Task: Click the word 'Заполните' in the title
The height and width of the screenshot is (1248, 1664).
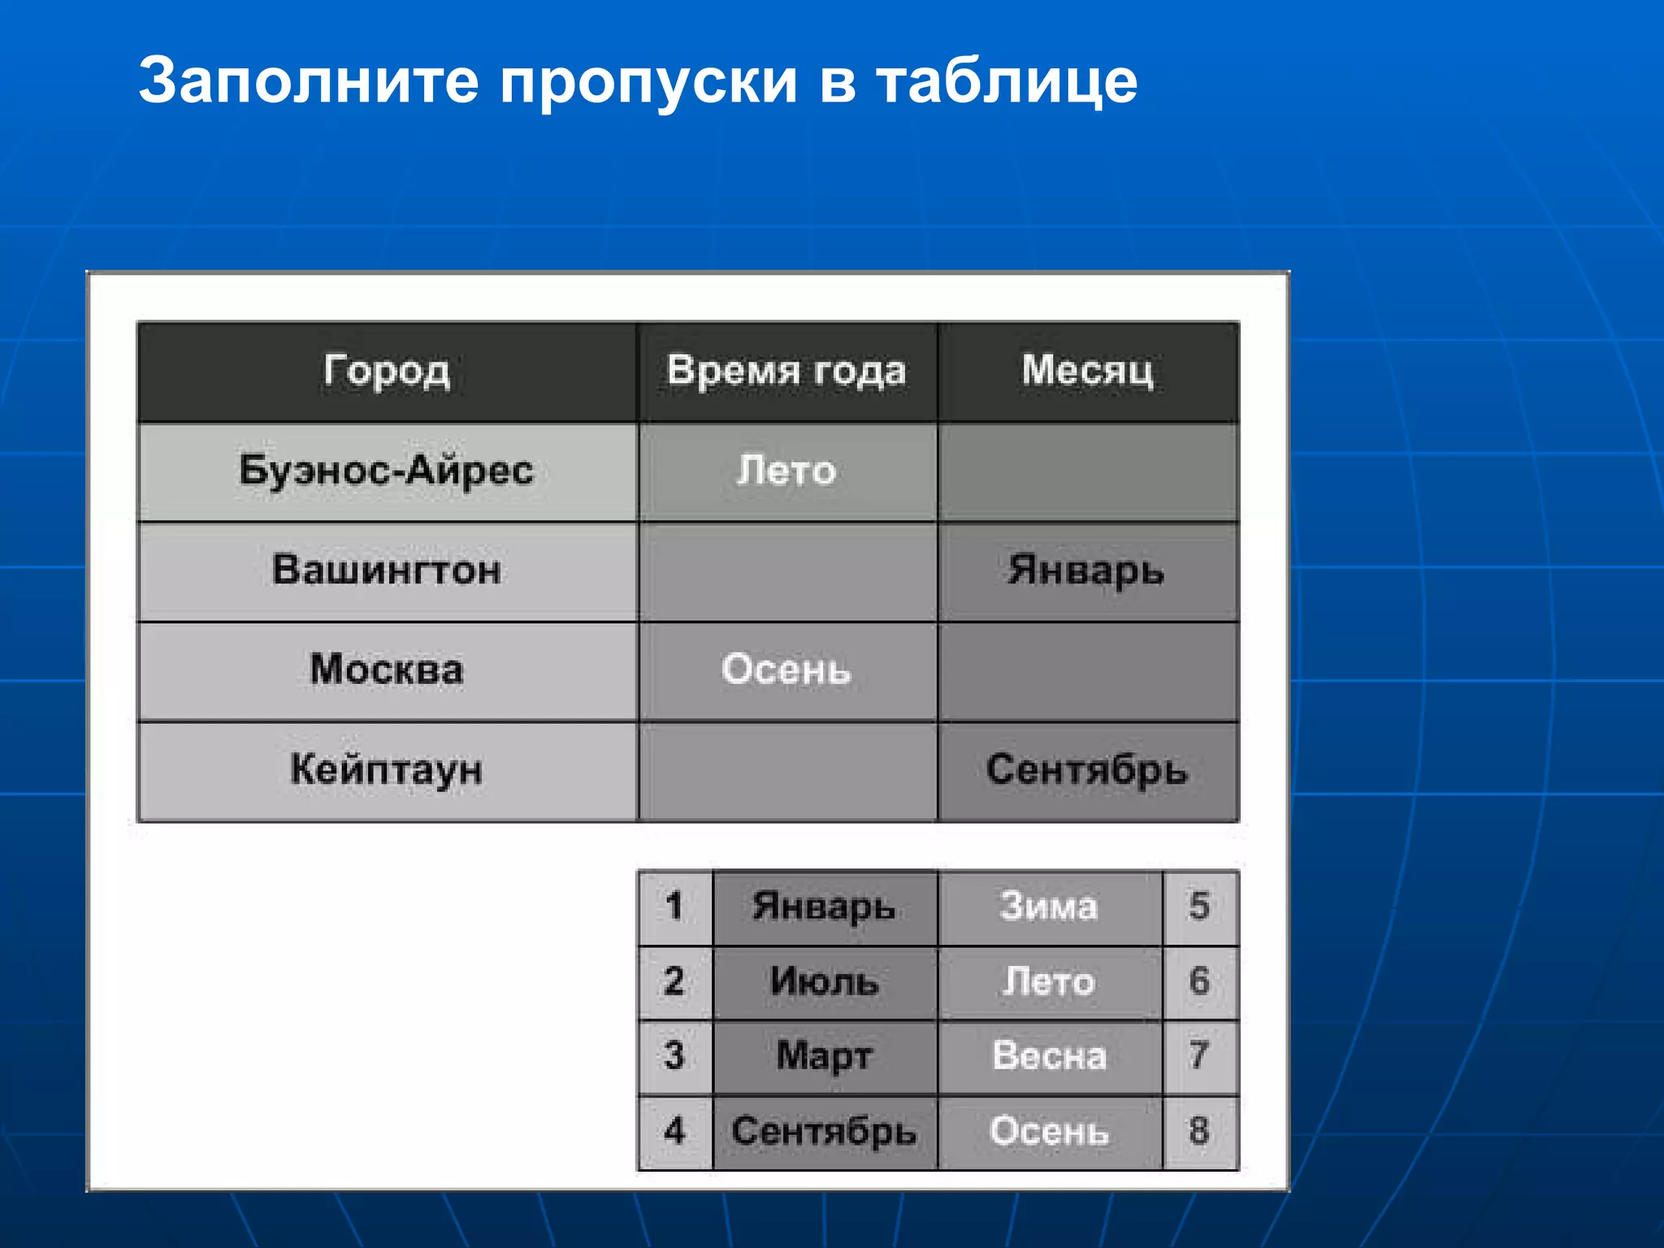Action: pos(309,81)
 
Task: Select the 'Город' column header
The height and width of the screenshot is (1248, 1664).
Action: pos(387,372)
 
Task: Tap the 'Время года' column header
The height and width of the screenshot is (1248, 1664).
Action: pos(786,372)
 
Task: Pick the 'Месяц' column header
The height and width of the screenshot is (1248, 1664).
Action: pos(1087,371)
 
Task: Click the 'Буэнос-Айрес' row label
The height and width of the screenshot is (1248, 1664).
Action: pos(387,471)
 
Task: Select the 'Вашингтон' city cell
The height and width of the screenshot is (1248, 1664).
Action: pos(387,570)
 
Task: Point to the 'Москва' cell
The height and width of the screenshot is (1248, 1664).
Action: pos(387,670)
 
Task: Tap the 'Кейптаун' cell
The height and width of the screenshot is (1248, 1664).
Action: pos(387,770)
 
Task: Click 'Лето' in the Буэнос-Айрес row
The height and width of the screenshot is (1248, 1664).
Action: pos(786,471)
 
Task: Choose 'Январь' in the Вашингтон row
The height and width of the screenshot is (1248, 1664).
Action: pos(1087,570)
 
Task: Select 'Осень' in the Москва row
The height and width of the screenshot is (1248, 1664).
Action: pos(786,670)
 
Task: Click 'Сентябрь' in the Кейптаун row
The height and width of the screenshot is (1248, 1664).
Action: pos(1087,770)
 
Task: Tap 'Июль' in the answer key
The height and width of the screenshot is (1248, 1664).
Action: pos(825,982)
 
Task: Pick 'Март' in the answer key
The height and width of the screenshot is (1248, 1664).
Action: pos(825,1057)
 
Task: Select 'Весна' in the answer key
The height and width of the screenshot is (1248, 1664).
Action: pos(1050,1057)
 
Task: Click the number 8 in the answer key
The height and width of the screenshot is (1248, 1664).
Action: pos(1199,1132)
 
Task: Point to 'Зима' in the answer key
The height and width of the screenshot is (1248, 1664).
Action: pos(1050,907)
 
